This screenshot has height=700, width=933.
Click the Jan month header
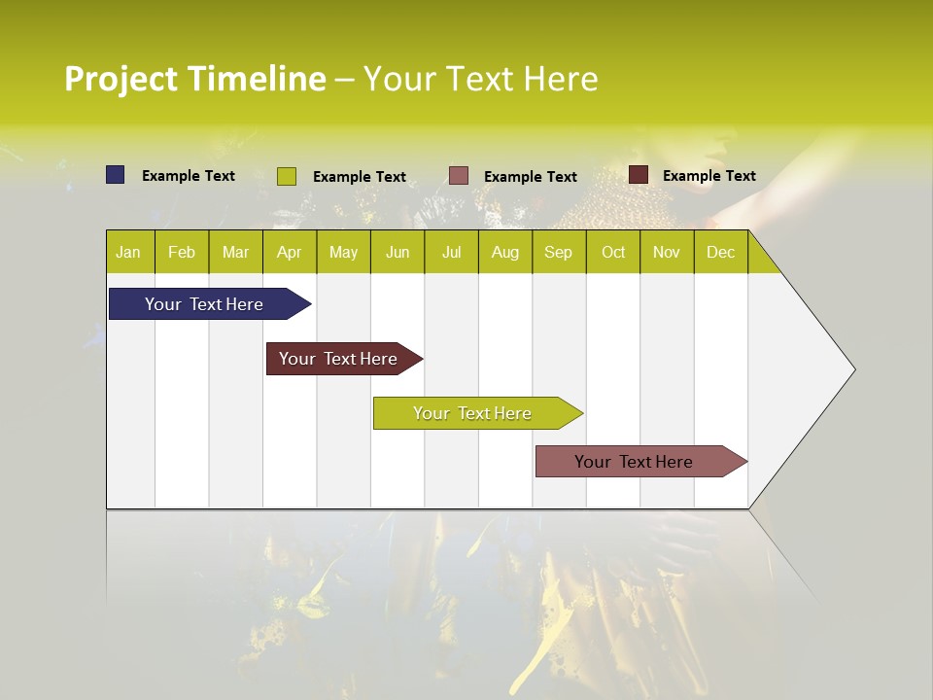click(129, 252)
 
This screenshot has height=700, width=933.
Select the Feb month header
click(182, 252)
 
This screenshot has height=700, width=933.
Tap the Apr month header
click(290, 252)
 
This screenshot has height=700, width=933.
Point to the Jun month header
click(397, 252)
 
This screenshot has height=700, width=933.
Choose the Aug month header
click(505, 252)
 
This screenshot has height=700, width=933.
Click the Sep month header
click(559, 252)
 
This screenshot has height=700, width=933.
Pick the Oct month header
click(613, 252)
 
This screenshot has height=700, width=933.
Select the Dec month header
click(721, 252)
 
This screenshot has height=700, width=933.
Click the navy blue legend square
click(116, 175)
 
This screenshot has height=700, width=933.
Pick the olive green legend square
click(287, 176)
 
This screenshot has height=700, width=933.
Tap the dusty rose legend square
click(459, 175)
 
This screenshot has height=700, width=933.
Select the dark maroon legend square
click(639, 175)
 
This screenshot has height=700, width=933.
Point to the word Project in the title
click(121, 79)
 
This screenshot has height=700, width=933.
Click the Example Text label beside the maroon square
click(708, 176)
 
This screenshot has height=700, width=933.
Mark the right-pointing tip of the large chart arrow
click(853, 369)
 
